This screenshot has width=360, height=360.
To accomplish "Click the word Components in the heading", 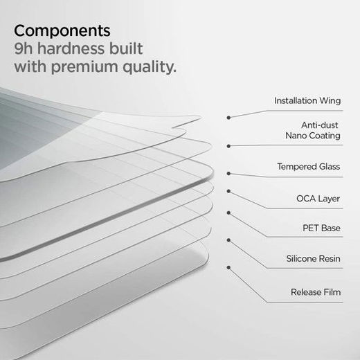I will point(62,31).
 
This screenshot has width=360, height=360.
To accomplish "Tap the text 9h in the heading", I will point(25,49).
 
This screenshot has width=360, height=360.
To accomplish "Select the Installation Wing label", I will point(307,100).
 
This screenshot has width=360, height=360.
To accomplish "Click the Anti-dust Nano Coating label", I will point(312,129).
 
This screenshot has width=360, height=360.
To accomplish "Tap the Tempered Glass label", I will point(308,167).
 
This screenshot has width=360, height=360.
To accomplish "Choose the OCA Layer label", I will point(318,199).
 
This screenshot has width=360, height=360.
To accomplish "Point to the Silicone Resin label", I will point(313,258).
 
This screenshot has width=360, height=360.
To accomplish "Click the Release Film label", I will point(315,292).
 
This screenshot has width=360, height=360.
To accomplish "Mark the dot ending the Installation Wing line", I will point(229,117).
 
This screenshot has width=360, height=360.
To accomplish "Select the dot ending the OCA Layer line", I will point(229,189).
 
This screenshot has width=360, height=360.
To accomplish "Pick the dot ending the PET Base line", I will point(229,213).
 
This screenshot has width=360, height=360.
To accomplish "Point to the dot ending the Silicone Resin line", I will point(229,240).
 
